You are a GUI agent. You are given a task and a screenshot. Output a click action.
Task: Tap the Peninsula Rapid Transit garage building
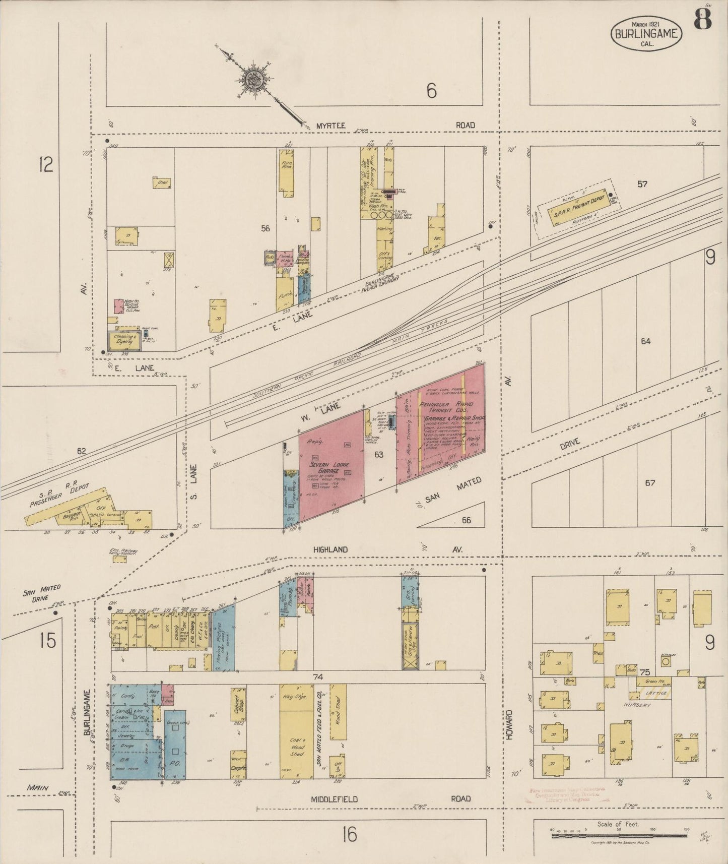(x=441, y=423)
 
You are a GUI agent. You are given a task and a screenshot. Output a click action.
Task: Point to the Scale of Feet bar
(x=618, y=836)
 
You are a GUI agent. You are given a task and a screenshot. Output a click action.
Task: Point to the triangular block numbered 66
(x=464, y=518)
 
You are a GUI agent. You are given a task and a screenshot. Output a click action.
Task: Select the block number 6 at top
(x=431, y=91)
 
